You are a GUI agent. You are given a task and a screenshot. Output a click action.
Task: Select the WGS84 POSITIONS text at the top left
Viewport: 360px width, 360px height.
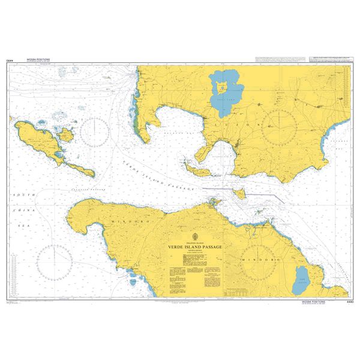[38, 60]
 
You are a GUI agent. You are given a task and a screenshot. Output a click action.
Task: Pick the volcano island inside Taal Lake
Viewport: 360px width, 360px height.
[221, 89]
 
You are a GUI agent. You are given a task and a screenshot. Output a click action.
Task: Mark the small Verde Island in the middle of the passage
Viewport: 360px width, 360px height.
[240, 193]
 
